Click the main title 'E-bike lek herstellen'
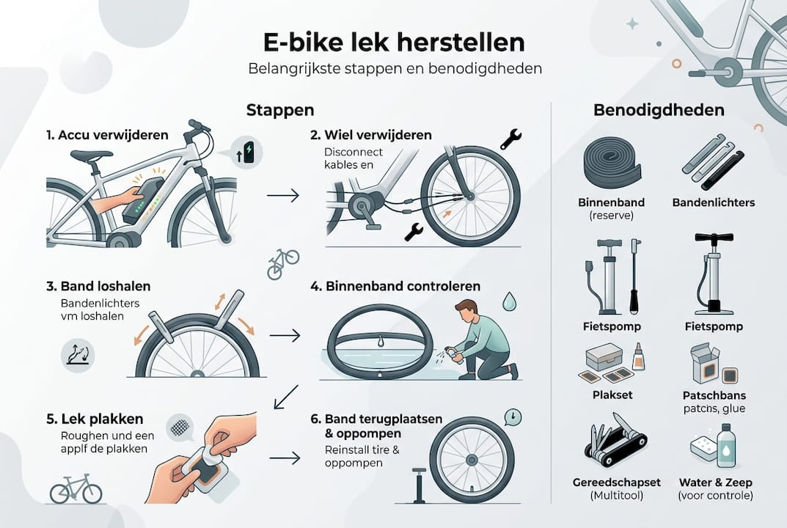pyautogui.click(x=393, y=42)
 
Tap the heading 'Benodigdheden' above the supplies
pyautogui.click(x=658, y=111)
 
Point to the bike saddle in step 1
pyautogui.click(x=92, y=155)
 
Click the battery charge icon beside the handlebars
pyautogui.click(x=246, y=151)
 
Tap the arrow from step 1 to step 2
pyautogui.click(x=283, y=196)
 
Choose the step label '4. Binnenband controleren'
pyautogui.click(x=395, y=285)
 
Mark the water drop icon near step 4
pyautogui.click(x=509, y=301)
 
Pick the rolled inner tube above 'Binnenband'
pyautogui.click(x=611, y=163)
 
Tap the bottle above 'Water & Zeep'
pyautogui.click(x=726, y=445)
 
